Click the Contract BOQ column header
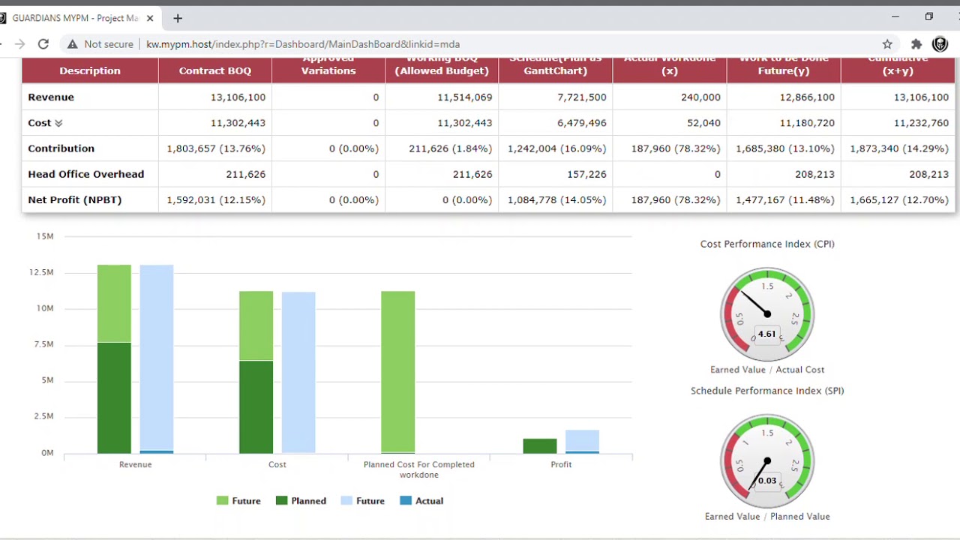[214, 70]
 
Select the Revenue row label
[51, 97]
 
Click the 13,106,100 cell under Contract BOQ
[238, 97]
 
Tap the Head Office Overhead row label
[85, 174]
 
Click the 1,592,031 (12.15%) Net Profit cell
[215, 200]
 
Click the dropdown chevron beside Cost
[58, 123]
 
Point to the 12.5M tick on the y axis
[41, 272]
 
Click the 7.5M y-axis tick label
[43, 344]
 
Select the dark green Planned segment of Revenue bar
[114, 397]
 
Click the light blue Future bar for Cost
[298, 371]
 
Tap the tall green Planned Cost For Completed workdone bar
[397, 371]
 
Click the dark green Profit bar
[540, 446]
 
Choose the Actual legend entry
[421, 501]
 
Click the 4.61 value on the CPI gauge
[766, 334]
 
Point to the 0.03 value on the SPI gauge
[766, 481]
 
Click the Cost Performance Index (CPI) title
[766, 244]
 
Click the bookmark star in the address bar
[887, 44]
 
